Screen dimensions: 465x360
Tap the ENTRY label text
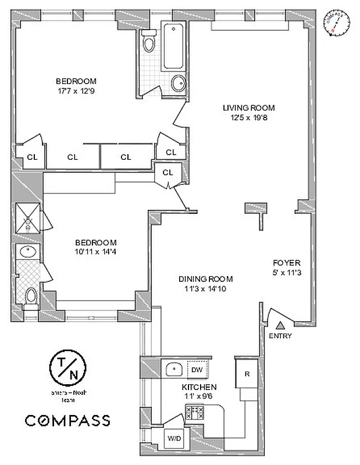coord(281,337)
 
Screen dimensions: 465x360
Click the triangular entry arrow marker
coord(281,326)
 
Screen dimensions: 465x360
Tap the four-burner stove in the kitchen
coord(194,413)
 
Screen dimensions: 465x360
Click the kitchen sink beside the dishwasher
coord(173,369)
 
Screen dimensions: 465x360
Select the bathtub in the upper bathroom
coord(174,46)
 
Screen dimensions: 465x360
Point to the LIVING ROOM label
coord(249,108)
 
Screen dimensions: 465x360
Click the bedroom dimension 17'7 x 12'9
coord(76,91)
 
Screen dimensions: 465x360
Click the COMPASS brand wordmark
coord(67,420)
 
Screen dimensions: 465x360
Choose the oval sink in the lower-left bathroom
coord(27,252)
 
